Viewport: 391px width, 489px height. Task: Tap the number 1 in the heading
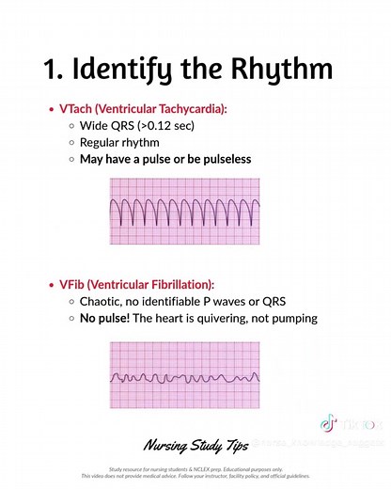point(53,71)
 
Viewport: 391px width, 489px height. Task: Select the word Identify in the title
point(132,71)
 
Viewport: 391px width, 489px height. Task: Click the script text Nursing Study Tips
point(195,443)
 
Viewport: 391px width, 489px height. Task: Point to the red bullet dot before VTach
point(50,110)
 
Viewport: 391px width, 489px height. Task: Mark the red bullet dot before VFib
point(50,284)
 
